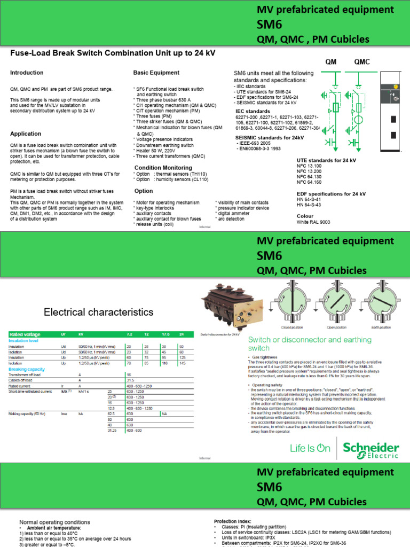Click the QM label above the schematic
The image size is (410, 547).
click(332, 61)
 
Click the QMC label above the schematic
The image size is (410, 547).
click(361, 61)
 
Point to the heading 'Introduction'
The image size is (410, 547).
click(27, 73)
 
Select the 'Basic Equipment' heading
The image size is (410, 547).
click(156, 73)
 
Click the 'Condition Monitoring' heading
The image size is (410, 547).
click(163, 168)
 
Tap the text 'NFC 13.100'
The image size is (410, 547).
click(310, 166)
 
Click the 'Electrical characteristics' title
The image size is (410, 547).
click(98, 312)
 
